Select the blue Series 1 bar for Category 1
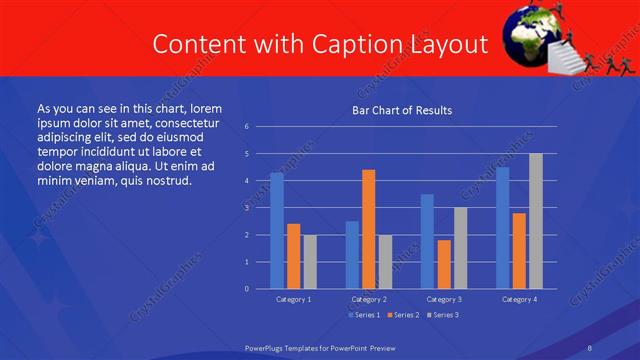277,231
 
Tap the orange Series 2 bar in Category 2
369,229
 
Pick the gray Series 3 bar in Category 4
536,221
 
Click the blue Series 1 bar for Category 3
427,241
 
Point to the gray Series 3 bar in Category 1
310,262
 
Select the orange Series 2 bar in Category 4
519,251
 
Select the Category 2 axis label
369,299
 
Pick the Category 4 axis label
518,299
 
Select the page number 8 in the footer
589,347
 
